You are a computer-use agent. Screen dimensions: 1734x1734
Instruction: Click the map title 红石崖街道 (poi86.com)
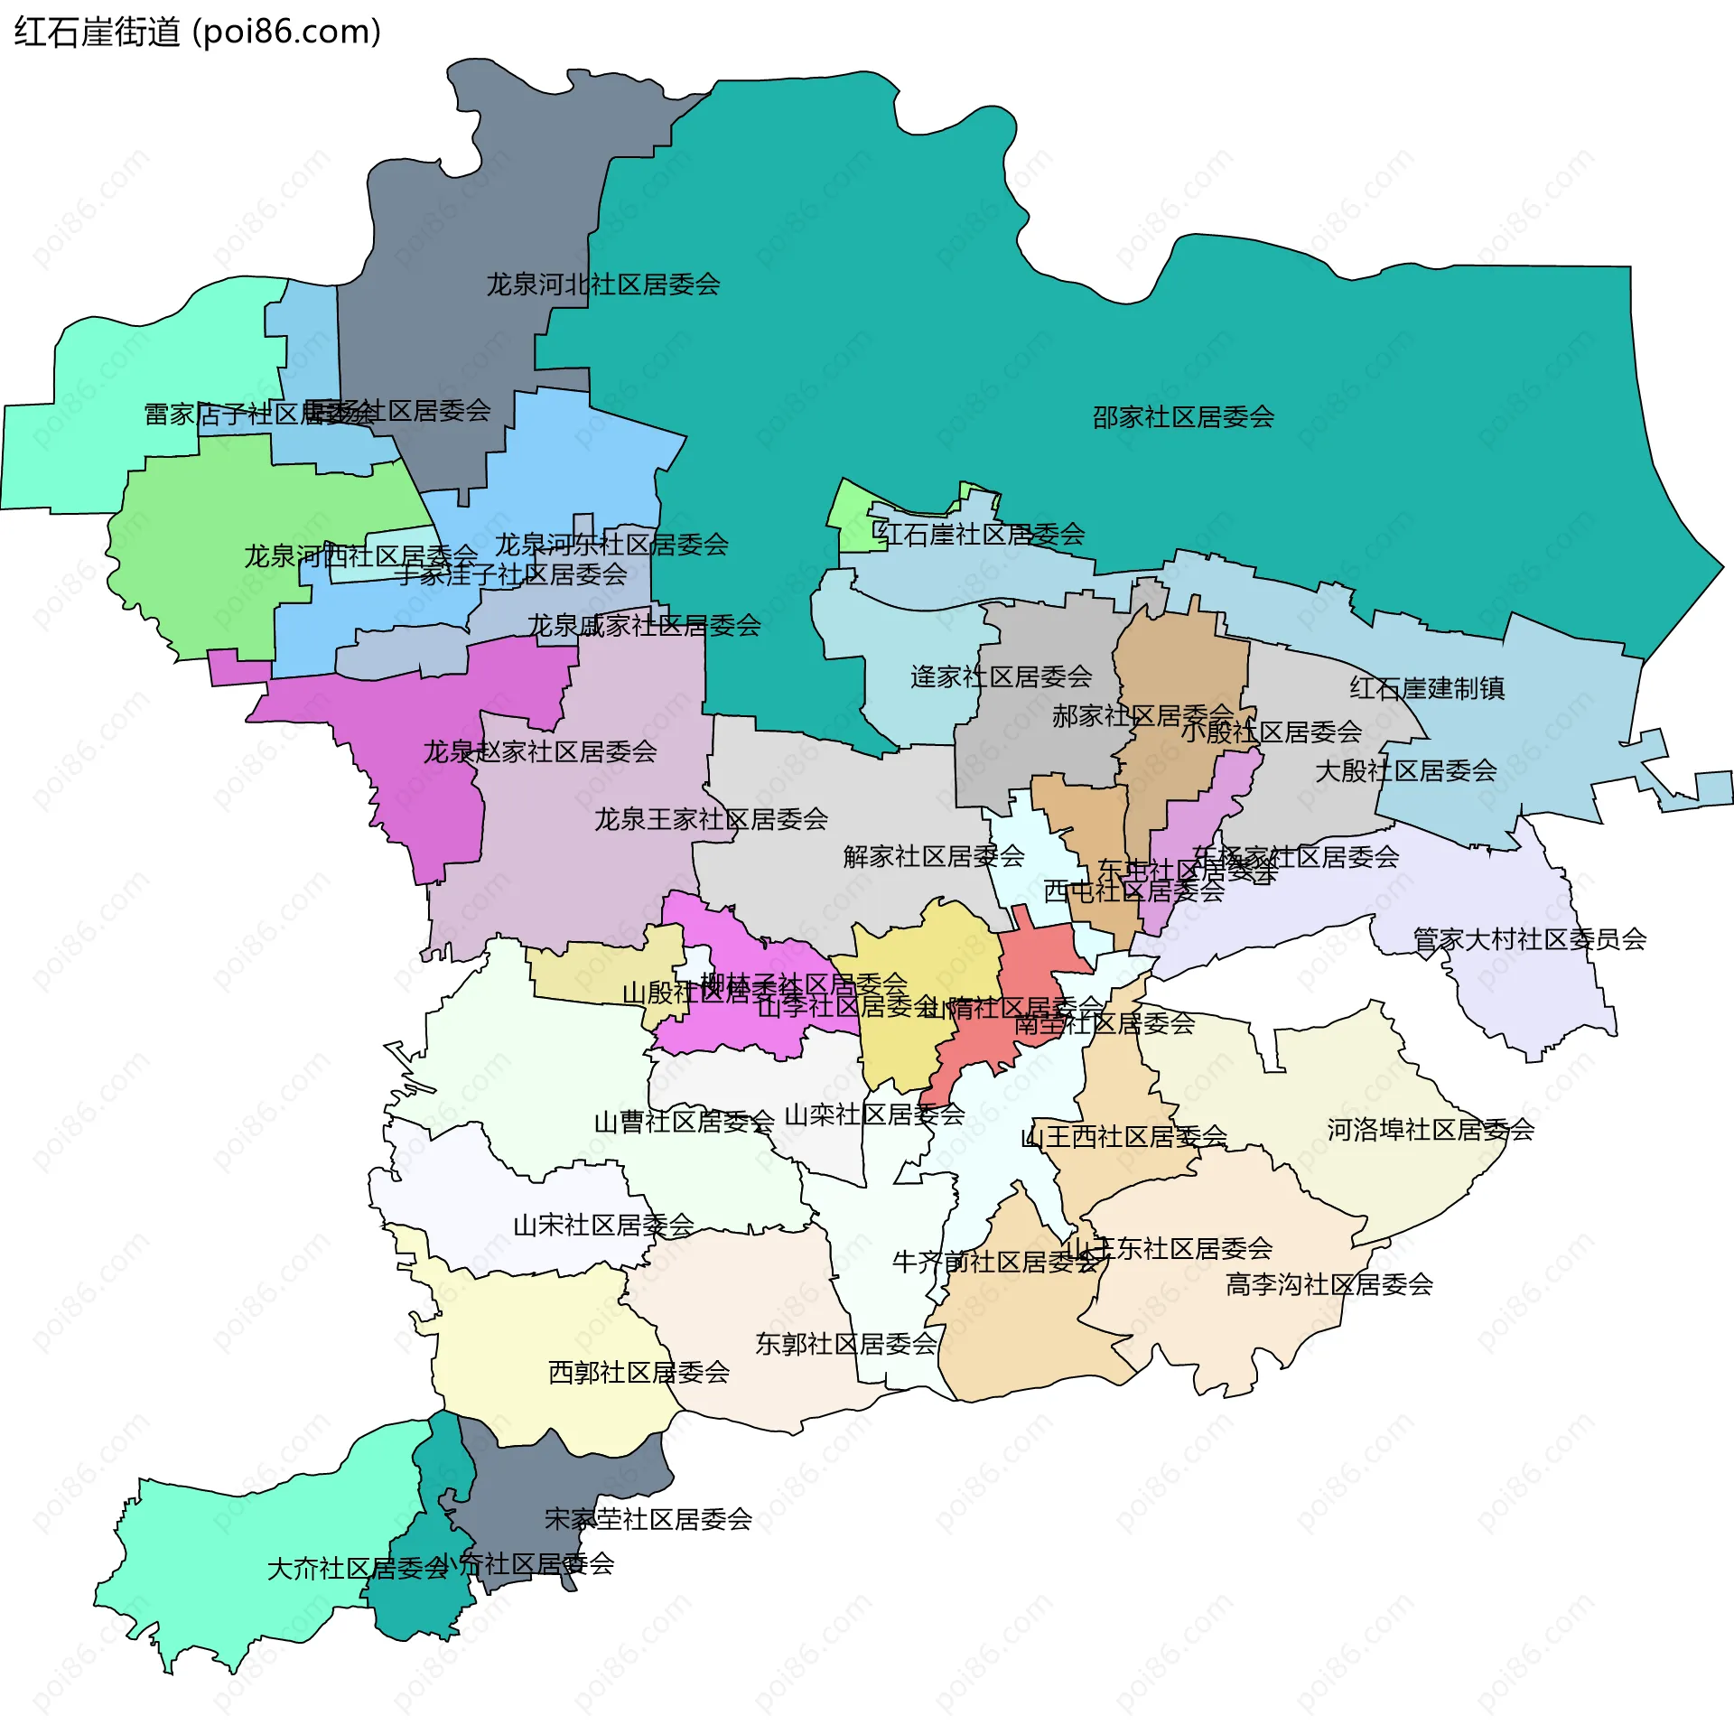coord(197,33)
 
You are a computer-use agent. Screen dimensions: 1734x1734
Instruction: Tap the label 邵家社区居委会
coord(1183,417)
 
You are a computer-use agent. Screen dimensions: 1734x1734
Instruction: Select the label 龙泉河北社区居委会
coord(603,284)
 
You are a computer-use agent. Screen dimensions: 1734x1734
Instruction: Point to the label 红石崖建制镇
coord(1427,688)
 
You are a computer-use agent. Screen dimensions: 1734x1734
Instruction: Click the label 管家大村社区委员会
coord(1529,939)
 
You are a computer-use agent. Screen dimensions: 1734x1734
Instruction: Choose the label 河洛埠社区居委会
coord(1431,1130)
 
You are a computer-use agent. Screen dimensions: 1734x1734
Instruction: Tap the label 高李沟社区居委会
coord(1328,1284)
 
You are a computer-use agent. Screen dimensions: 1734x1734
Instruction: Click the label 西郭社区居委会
coord(639,1373)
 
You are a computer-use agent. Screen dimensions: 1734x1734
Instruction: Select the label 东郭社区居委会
coord(845,1344)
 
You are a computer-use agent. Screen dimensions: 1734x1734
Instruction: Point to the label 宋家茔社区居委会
coord(648,1519)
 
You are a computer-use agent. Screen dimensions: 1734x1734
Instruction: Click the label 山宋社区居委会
coord(603,1226)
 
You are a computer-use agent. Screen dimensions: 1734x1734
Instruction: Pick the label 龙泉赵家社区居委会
coord(540,751)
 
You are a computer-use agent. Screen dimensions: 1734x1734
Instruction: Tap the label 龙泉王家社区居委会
coord(711,819)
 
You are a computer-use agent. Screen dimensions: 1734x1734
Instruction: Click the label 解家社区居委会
coord(933,856)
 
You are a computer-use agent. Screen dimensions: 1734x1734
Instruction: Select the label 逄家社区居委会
coord(1001,676)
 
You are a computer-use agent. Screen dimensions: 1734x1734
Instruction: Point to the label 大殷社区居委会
coord(1405,771)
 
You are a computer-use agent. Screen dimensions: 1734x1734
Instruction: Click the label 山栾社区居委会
coord(874,1115)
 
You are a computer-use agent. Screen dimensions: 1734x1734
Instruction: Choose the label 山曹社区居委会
coord(684,1123)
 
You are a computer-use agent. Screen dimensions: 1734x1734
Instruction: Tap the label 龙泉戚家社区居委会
coord(644,625)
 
